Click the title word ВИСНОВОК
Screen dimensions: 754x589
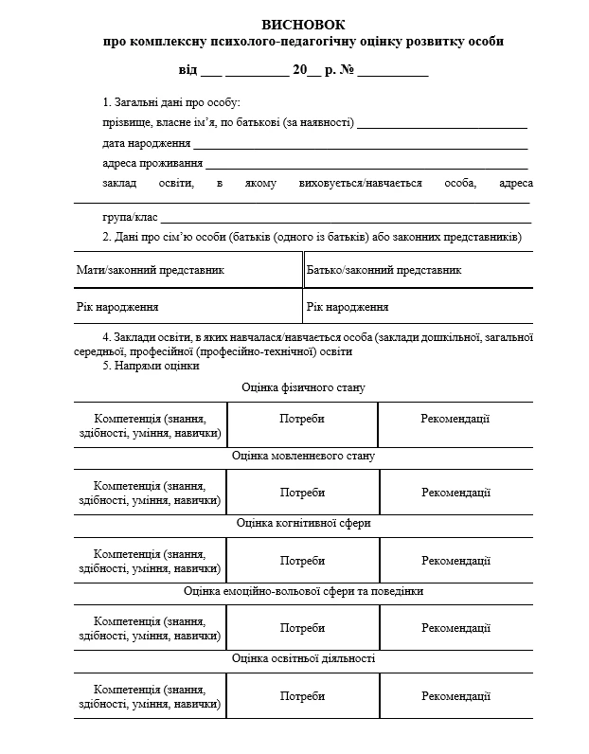click(303, 24)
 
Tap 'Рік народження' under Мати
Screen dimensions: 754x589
click(117, 307)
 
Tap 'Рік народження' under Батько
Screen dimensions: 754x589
click(348, 307)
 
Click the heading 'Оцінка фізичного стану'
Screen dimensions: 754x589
click(303, 387)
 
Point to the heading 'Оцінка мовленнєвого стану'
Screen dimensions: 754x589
click(303, 456)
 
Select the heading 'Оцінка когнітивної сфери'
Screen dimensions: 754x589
click(303, 523)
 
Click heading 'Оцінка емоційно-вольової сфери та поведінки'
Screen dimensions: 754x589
click(303, 591)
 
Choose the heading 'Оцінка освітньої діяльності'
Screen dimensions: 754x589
click(303, 658)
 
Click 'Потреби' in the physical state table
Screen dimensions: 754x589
click(302, 424)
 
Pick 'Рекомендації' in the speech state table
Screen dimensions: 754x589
click(455, 493)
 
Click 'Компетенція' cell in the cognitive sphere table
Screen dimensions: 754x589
click(151, 561)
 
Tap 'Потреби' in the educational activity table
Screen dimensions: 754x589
click(302, 696)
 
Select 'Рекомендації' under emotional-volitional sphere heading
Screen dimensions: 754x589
click(455, 628)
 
